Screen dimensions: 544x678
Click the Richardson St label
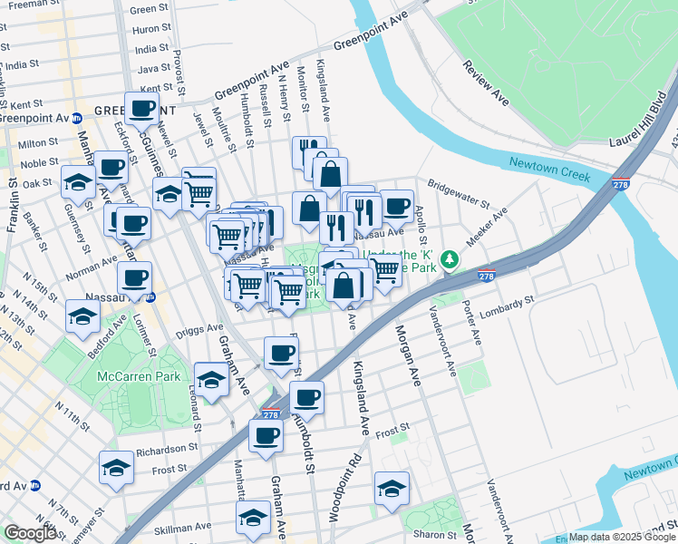(166, 448)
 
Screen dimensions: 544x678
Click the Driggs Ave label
(202, 328)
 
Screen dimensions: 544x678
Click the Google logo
(31, 533)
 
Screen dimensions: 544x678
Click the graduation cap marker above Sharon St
(392, 488)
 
